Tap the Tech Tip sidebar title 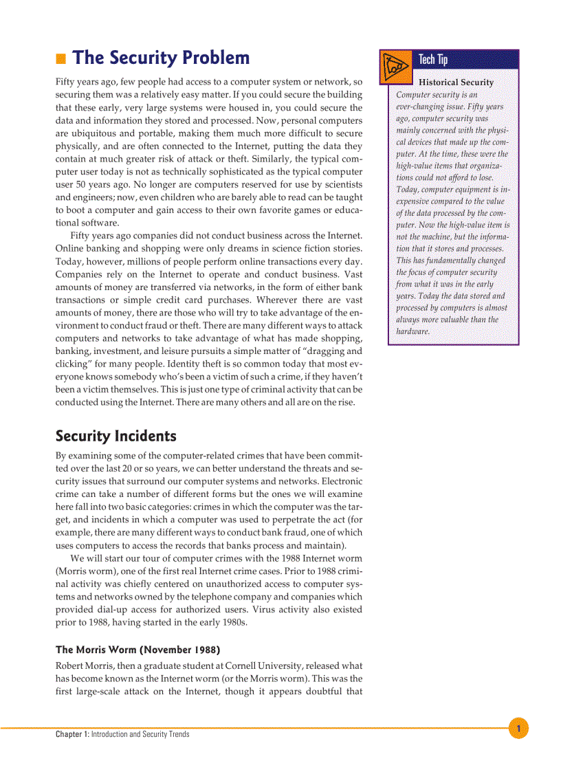(433, 60)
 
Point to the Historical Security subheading (456, 82)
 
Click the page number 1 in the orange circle (519, 728)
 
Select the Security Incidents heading (115, 437)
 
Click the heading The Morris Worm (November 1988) (137, 650)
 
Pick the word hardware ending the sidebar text (412, 331)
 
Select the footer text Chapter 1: (72, 734)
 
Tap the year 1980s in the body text (232, 623)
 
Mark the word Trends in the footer (178, 734)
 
